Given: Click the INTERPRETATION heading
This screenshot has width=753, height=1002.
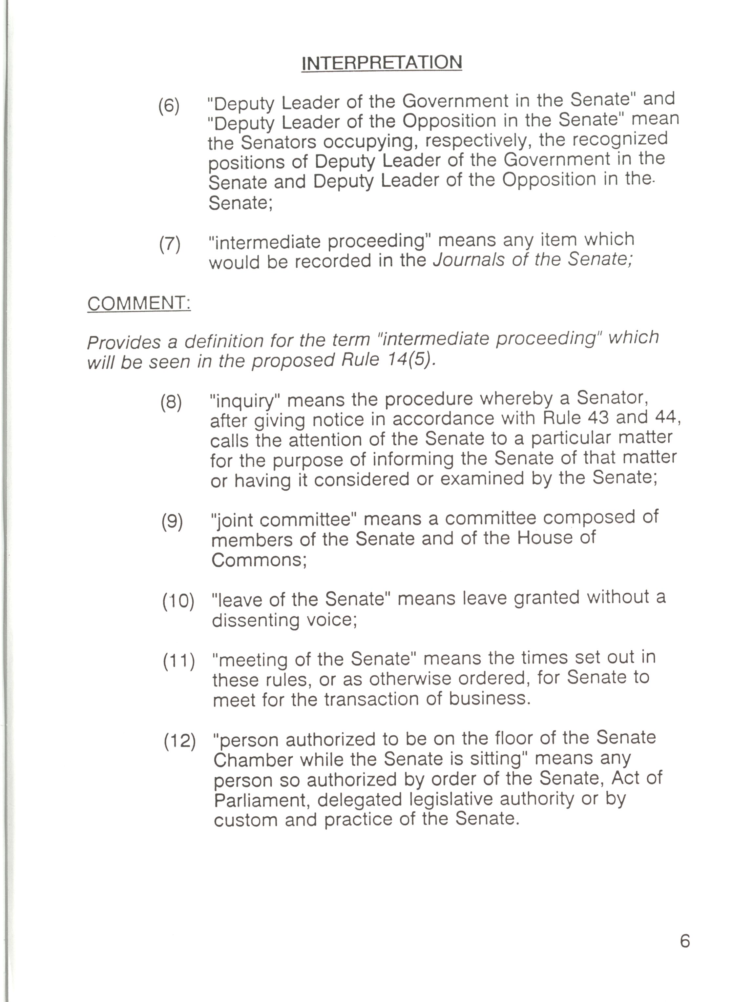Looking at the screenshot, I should coord(382,63).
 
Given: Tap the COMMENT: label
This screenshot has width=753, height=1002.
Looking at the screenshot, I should coord(139,303).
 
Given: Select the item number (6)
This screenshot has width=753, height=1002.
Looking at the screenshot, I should coord(169,106).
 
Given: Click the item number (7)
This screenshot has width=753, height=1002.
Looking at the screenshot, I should coord(169,244).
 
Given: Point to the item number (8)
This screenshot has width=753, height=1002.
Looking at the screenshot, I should coord(171,402).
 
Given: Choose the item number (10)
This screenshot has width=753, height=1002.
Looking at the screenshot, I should coord(178,601).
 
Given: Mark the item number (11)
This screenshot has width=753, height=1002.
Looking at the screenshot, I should coord(178,661).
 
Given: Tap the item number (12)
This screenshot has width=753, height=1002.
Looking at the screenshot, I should coord(179,741).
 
